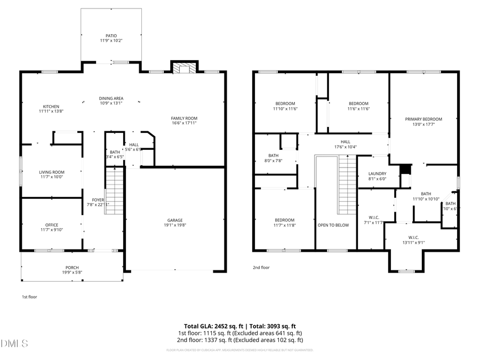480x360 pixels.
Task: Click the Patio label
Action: click(x=111, y=38)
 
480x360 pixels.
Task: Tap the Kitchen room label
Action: click(x=51, y=109)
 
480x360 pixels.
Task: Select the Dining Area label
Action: click(x=111, y=101)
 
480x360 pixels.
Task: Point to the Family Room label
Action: click(x=184, y=121)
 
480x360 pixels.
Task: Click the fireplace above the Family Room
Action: click(x=184, y=68)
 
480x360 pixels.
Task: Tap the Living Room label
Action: click(x=51, y=174)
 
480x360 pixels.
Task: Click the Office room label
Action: click(x=52, y=227)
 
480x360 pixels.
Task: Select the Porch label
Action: click(x=72, y=270)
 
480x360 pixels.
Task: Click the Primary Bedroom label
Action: click(x=423, y=122)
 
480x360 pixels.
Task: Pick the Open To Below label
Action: click(x=333, y=225)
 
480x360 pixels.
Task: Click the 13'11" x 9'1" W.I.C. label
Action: click(x=413, y=240)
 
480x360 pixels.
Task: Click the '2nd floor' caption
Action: click(x=261, y=268)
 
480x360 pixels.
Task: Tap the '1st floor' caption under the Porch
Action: click(x=29, y=297)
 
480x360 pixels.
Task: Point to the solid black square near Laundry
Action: click(x=405, y=169)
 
